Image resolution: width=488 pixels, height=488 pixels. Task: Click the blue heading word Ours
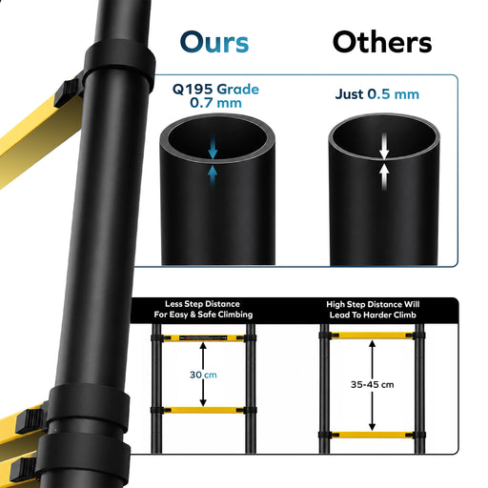(x=214, y=42)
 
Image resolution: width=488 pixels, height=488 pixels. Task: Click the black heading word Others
(x=382, y=42)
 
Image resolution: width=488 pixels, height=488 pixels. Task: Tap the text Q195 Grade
(x=215, y=90)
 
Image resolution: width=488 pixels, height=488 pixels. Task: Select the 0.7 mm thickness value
(x=215, y=103)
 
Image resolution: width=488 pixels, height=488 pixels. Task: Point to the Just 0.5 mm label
(x=377, y=94)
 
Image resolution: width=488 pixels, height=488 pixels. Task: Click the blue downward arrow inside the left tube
(x=213, y=147)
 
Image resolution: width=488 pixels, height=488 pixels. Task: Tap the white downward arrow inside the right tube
(x=384, y=146)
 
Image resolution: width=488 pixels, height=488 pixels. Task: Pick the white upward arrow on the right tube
(x=384, y=176)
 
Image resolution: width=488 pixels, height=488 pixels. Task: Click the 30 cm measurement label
(x=203, y=375)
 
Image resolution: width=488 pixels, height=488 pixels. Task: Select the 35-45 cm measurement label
(x=373, y=385)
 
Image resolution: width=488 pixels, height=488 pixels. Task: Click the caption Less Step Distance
(x=202, y=304)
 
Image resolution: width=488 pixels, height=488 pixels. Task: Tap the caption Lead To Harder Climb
(x=373, y=315)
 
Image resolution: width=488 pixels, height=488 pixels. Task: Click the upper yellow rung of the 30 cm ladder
(x=203, y=338)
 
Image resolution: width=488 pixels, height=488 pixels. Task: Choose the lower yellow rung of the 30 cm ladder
(x=203, y=410)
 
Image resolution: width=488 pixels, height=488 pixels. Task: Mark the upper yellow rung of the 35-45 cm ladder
(x=372, y=335)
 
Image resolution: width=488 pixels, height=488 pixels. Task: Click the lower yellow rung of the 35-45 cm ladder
(x=372, y=435)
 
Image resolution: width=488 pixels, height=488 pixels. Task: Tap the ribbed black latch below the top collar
(x=66, y=92)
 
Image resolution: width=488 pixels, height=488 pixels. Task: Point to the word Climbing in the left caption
(x=235, y=315)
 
